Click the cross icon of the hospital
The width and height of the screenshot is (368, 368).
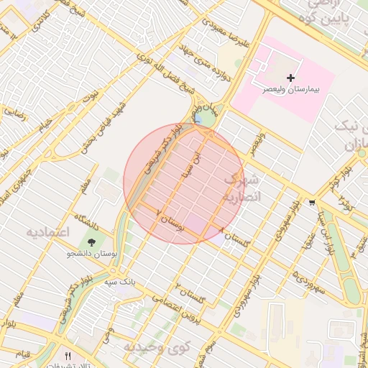290,77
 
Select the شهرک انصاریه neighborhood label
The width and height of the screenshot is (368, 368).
241,188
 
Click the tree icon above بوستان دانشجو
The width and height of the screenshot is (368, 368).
91,241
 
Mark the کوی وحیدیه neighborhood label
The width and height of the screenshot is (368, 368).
156,347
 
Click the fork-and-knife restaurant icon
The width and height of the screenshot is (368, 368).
68,355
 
